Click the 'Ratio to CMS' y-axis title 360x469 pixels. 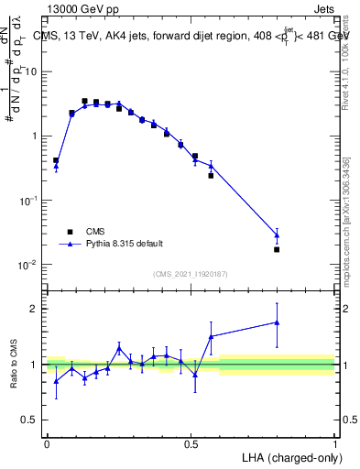point(14,364)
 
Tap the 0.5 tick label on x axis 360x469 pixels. point(191,443)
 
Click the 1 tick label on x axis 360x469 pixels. point(334,443)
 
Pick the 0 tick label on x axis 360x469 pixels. point(47,443)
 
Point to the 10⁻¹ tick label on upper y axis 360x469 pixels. point(28,200)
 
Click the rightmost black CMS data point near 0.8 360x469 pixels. point(277,249)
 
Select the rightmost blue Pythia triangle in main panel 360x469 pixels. point(277,235)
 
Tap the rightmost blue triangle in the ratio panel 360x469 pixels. point(277,322)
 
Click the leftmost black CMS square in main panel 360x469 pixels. point(56,160)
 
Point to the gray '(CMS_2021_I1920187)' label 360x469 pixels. point(190,273)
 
